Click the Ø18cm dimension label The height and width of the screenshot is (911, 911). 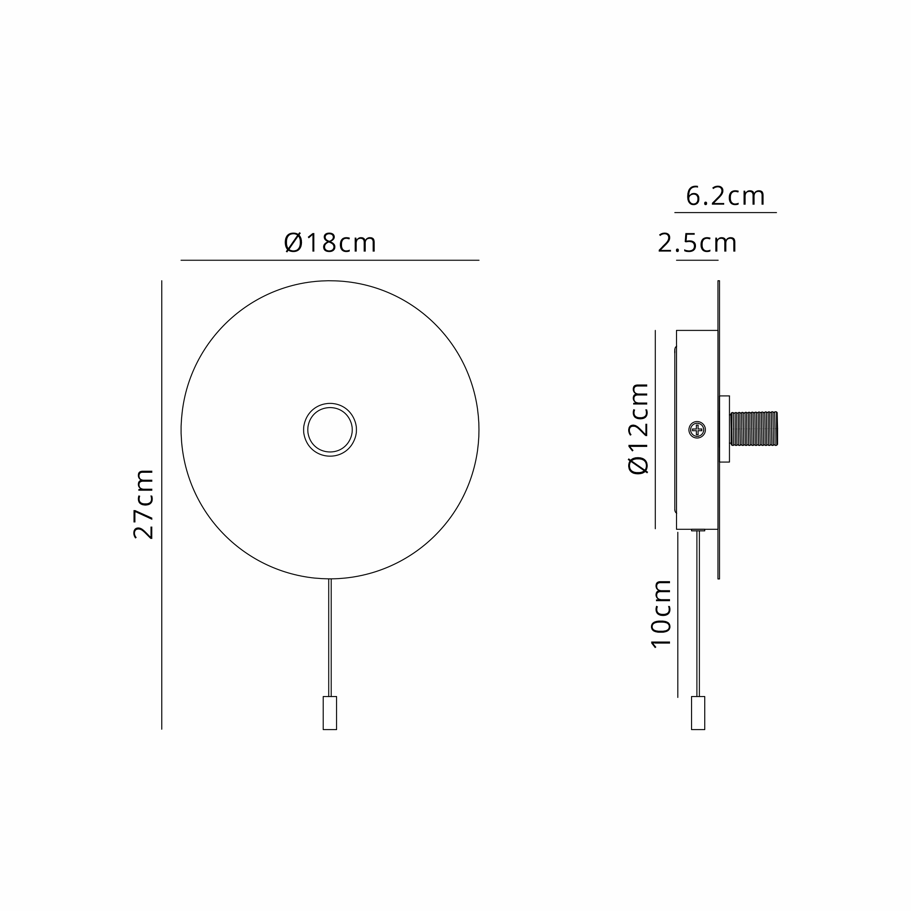point(330,243)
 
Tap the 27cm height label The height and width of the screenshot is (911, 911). point(144,504)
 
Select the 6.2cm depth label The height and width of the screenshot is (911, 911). point(725,196)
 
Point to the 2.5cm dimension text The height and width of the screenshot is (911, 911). point(697,243)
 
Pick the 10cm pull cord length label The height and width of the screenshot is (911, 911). point(660,614)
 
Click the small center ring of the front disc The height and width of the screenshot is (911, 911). point(330,404)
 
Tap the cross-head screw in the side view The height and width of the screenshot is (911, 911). point(697,430)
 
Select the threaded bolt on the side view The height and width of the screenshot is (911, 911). point(753,429)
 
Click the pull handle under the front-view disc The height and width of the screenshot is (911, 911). point(330,713)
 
